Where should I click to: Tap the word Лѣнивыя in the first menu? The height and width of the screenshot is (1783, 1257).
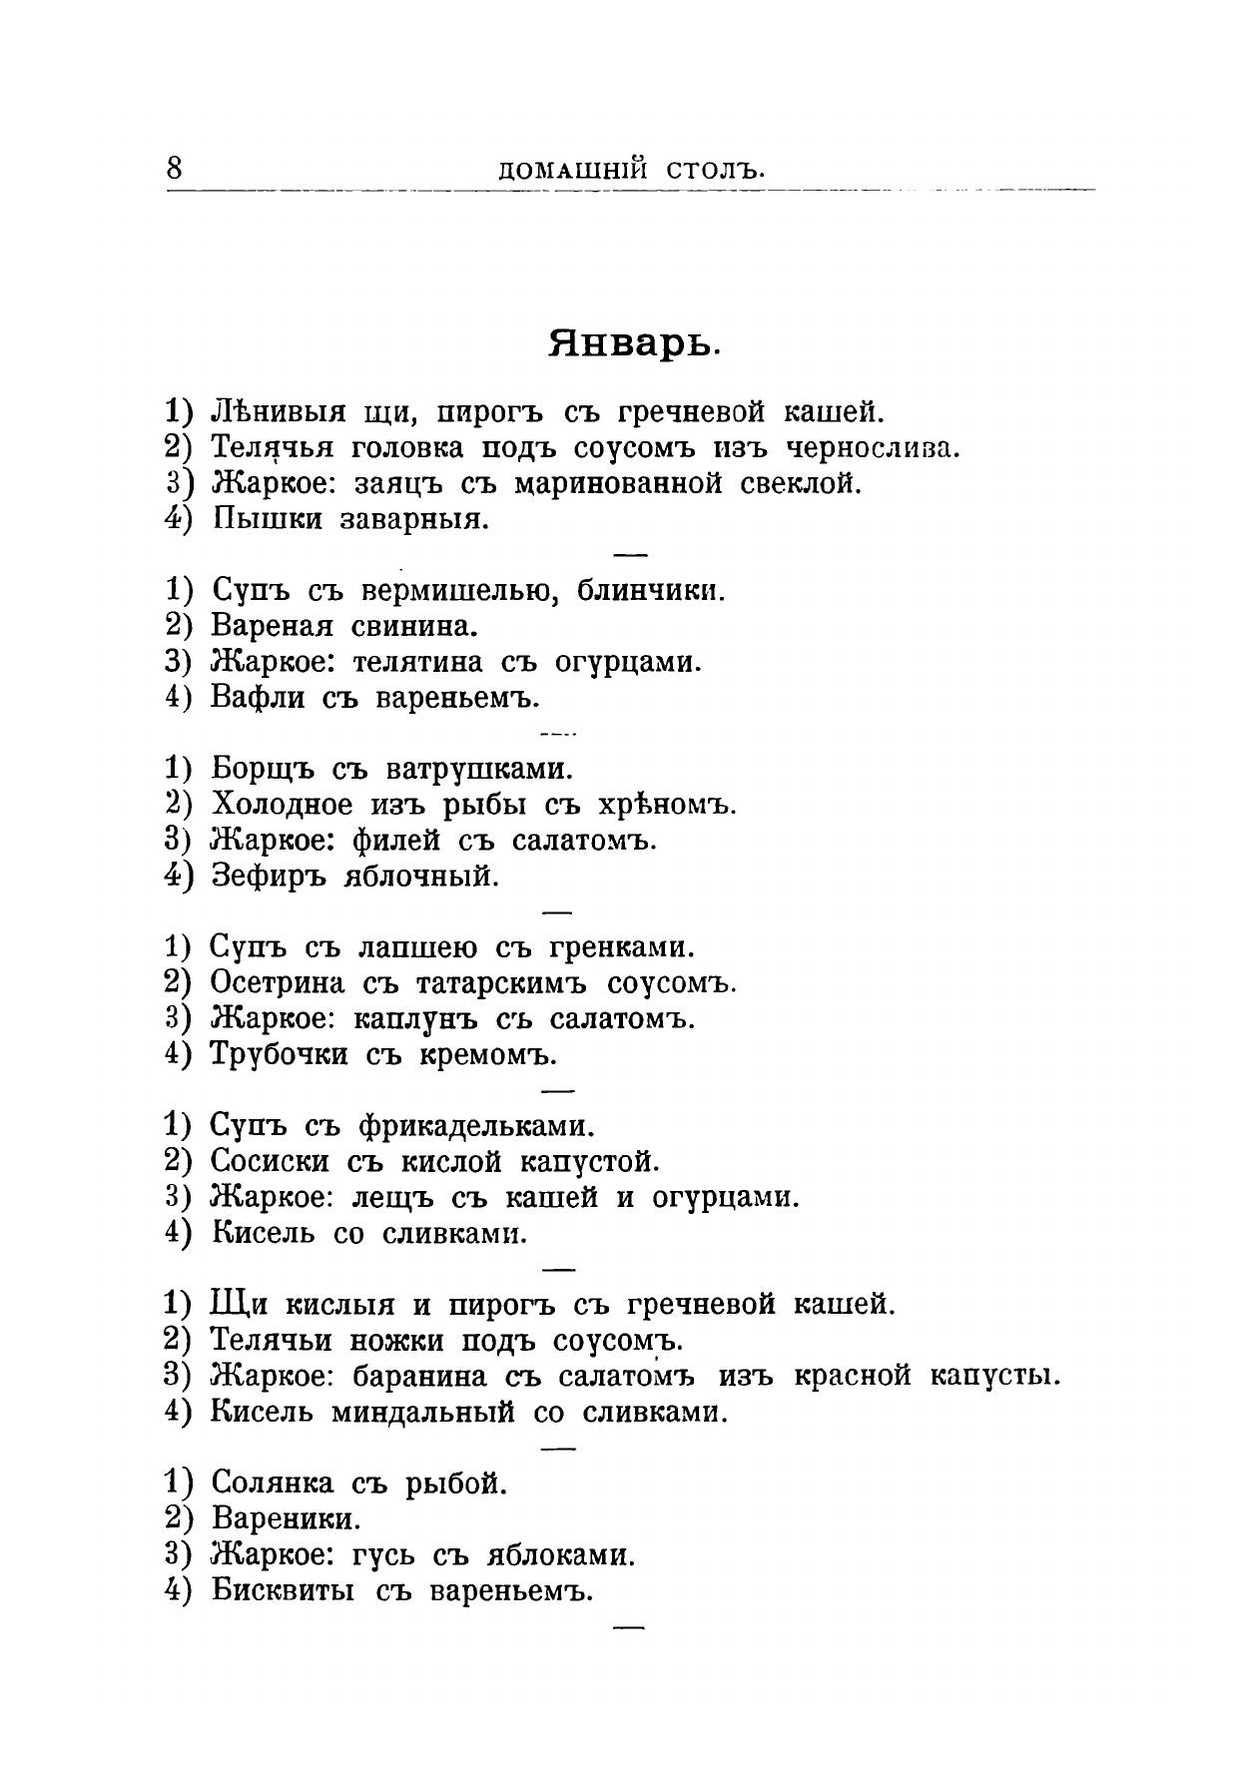[279, 411]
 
